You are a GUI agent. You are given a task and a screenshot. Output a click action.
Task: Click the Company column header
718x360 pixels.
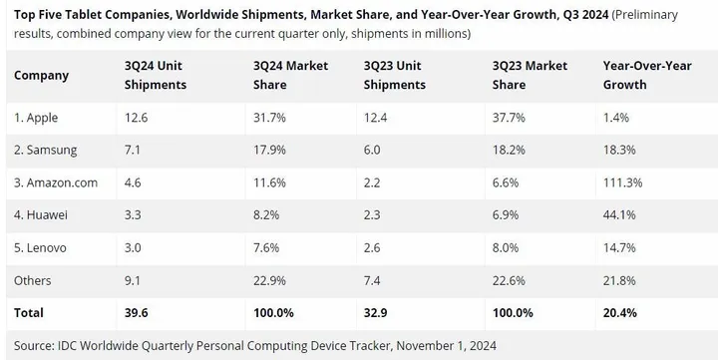tap(41, 76)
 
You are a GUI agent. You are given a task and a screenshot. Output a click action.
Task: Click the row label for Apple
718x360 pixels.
tap(36, 118)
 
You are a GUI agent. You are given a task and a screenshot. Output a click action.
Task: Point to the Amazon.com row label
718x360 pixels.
tap(56, 182)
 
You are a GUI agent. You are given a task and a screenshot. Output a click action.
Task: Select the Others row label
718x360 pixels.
tap(33, 280)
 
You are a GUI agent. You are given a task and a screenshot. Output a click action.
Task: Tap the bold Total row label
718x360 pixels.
tap(29, 313)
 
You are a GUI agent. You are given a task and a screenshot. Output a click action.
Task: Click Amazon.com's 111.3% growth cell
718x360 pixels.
tap(624, 182)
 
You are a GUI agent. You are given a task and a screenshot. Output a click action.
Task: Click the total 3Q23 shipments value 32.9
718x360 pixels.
tap(382, 313)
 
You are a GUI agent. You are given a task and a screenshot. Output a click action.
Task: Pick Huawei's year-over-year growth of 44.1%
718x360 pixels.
tap(621, 215)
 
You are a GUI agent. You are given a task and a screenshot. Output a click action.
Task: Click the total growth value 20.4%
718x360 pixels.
tap(622, 313)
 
